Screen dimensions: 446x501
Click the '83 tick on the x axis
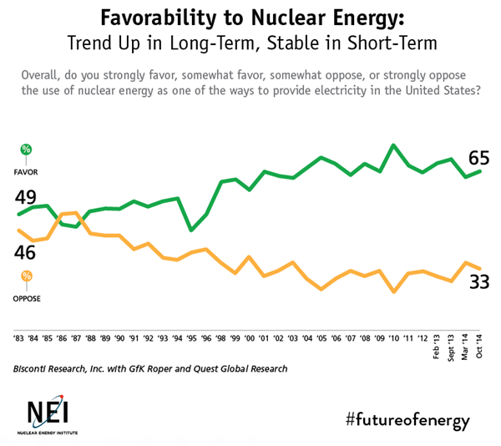tap(18, 339)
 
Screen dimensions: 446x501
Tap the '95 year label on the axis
tap(192, 339)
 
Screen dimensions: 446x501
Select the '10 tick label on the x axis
tap(394, 339)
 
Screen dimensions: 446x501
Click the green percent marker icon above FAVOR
tap(27, 150)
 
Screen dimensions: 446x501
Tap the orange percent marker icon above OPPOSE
tap(27, 276)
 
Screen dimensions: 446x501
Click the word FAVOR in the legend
tap(27, 171)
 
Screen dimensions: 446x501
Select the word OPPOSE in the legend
tap(27, 298)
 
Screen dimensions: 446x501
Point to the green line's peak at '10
tap(393, 145)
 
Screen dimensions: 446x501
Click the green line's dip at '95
tap(192, 230)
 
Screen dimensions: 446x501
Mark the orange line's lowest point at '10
tap(393, 292)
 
